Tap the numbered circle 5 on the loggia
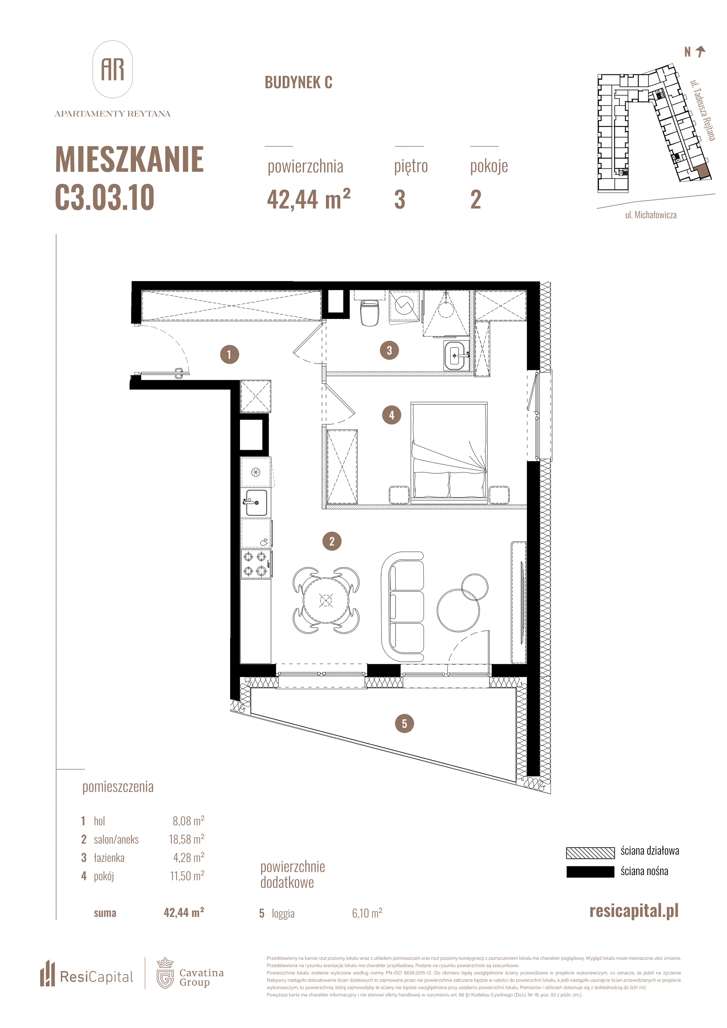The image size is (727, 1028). click(405, 723)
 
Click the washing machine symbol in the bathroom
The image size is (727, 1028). click(404, 306)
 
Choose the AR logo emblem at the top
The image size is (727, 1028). click(112, 69)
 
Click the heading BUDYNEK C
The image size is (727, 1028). click(298, 82)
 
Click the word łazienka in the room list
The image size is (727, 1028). click(109, 857)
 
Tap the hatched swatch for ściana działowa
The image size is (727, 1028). click(590, 853)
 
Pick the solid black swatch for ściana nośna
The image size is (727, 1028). click(590, 872)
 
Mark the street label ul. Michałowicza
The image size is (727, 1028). click(651, 215)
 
